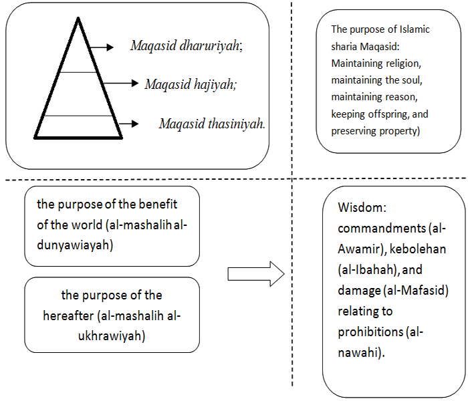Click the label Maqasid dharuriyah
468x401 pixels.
(x=186, y=47)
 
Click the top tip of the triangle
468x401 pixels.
(x=78, y=18)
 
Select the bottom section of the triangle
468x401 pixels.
(x=78, y=126)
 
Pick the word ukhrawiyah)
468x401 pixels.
(x=112, y=336)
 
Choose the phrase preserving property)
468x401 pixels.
(x=375, y=131)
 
